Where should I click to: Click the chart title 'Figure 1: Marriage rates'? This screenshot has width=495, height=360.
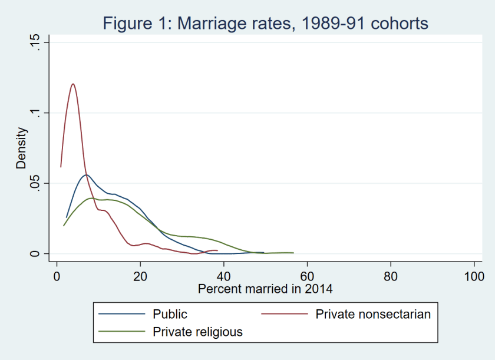(265, 24)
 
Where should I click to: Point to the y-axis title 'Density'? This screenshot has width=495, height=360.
(22, 148)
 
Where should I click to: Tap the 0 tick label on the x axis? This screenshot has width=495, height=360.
(57, 275)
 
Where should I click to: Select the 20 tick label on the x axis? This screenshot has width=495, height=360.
(140, 275)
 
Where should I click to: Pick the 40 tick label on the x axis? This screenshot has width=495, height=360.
(223, 275)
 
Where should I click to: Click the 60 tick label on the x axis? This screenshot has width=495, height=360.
(307, 275)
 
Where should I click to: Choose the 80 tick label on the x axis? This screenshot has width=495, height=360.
(390, 275)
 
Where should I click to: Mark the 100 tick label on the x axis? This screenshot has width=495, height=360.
(473, 275)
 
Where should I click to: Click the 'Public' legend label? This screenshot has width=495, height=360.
(170, 314)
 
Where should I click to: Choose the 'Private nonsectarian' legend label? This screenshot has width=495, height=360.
(373, 314)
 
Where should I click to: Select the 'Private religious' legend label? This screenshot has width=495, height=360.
(197, 332)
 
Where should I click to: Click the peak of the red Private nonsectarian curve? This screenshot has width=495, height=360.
(73, 84)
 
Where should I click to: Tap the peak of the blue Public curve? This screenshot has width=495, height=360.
(86, 174)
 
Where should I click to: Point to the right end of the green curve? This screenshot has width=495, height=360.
(293, 253)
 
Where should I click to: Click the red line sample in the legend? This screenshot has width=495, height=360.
(285, 314)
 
